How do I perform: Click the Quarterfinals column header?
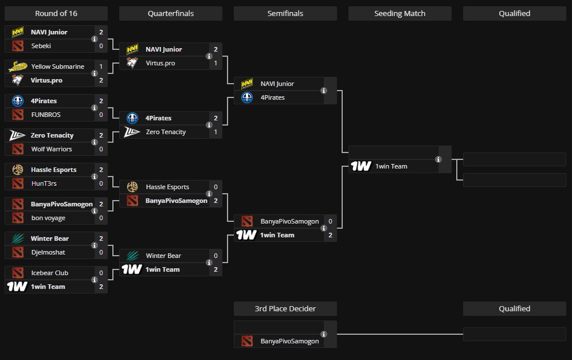tap(170, 13)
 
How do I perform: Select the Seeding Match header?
tap(399, 13)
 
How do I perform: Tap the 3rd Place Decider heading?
tap(285, 308)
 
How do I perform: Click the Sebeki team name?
tap(41, 46)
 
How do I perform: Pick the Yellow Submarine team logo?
tap(17, 66)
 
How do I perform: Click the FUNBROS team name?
tap(45, 115)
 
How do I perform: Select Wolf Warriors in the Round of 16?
tap(52, 149)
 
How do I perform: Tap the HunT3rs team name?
tap(44, 183)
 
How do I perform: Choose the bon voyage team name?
tap(48, 218)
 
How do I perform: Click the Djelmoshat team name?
tap(48, 252)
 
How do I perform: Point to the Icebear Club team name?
tap(49, 273)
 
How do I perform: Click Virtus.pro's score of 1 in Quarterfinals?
tap(216, 63)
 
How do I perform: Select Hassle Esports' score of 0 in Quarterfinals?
tap(216, 187)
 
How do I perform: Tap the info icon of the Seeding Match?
tap(438, 159)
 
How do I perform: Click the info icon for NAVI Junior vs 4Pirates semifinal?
tap(324, 91)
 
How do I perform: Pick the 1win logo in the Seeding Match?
tap(361, 166)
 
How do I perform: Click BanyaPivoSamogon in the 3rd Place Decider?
tap(289, 341)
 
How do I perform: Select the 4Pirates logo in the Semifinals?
tap(247, 97)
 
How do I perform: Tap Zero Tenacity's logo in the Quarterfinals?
tap(132, 132)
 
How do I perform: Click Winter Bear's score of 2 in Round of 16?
tap(101, 238)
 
